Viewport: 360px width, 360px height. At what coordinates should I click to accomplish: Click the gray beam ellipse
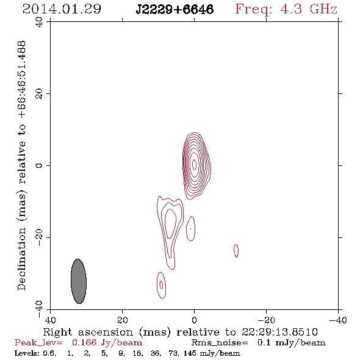tap(79, 281)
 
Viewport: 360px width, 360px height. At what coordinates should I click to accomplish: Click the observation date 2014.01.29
tap(62, 9)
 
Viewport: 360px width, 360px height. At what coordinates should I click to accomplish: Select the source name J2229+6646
tap(175, 10)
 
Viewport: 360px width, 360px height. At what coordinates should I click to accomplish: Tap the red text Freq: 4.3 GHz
tap(286, 9)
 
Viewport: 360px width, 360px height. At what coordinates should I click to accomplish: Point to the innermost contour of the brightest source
tap(194, 164)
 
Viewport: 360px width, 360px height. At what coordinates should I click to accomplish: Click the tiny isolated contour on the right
tap(236, 251)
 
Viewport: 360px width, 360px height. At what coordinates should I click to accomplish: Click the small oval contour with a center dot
tap(190, 229)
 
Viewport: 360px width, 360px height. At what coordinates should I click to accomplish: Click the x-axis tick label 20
tap(122, 320)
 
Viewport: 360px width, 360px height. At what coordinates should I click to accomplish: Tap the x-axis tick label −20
tap(265, 320)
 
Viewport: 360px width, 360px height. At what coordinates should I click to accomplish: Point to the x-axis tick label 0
tap(194, 320)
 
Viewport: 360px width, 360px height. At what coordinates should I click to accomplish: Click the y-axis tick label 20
tap(39, 94)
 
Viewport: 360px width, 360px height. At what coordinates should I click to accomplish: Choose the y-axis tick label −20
tap(39, 237)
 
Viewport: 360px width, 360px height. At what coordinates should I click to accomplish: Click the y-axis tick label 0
tap(39, 165)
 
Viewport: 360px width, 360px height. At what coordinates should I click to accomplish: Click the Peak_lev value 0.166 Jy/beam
tap(107, 343)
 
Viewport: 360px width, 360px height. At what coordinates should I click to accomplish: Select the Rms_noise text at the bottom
tap(220, 343)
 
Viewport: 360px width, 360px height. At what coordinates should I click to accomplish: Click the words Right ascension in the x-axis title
tap(88, 332)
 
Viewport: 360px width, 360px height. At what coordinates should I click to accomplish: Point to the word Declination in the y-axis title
tap(21, 259)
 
